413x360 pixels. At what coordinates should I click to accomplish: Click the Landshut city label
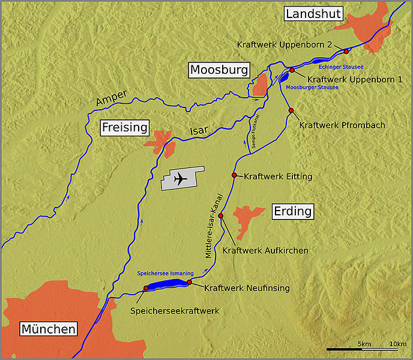coord(313,14)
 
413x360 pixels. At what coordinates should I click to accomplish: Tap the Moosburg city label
coord(219,70)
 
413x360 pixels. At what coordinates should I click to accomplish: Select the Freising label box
coord(124,127)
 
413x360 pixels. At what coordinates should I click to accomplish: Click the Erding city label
coord(293,211)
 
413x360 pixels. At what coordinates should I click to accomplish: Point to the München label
coord(48,329)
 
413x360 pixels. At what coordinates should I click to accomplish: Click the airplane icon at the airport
coord(179,179)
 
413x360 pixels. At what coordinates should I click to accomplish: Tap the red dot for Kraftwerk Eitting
coord(234,175)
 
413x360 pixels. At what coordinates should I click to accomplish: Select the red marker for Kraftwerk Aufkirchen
coord(220,216)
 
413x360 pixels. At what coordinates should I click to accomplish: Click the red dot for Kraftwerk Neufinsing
coord(189,282)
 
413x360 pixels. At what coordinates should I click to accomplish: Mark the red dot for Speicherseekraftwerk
coord(146,289)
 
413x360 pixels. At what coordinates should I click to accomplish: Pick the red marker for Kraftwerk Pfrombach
coord(291,110)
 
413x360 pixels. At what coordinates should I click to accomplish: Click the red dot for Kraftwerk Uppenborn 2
coord(346,52)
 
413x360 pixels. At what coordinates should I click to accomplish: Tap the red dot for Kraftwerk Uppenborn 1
coord(292,70)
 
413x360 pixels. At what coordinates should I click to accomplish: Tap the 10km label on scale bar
coord(397,343)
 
